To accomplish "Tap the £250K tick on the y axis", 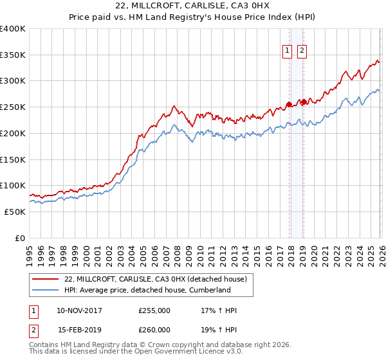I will tap(13, 107).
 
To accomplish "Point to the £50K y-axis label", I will tap(15, 212).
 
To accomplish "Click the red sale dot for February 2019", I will tap(304, 102).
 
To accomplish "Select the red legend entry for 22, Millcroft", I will tap(156, 278).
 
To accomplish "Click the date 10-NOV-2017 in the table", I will tap(79, 310).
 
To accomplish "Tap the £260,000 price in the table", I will tap(154, 330).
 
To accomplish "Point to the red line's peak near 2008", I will tap(174, 106).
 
